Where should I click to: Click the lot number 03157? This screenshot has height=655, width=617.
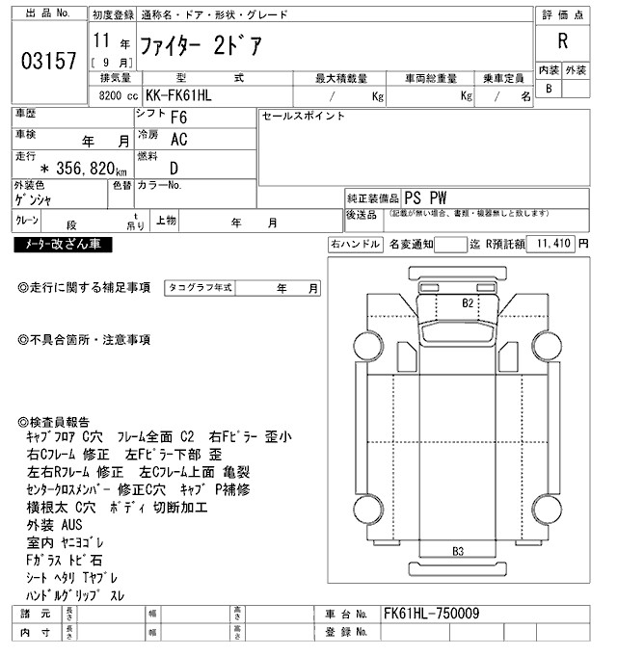48,61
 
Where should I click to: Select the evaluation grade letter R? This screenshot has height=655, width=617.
562,40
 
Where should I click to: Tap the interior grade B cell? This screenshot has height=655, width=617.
549,89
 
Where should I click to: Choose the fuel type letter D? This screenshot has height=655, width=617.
174,168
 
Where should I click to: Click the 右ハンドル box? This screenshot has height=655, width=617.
355,245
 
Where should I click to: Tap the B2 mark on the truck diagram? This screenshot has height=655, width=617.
468,301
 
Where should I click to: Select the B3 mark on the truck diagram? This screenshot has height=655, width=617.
458,552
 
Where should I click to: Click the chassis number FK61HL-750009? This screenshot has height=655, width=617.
431,614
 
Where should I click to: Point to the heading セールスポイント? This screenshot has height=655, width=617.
303,117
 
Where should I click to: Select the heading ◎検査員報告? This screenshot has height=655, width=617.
54,422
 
